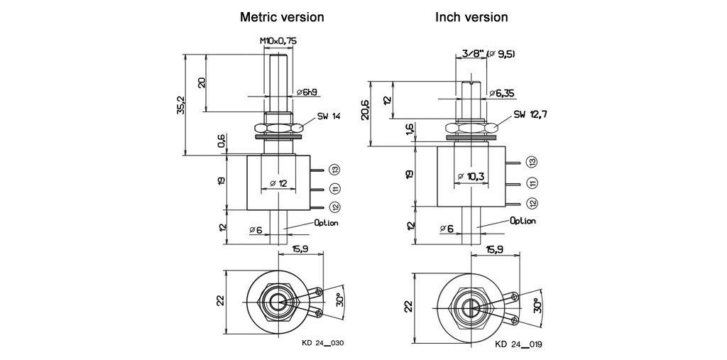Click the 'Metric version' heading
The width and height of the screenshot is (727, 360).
coord(282,17)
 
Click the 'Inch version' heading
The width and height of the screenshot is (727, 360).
coord(471,17)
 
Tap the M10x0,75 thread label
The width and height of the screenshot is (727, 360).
coord(278,42)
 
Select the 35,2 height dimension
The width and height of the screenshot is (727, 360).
coord(182,104)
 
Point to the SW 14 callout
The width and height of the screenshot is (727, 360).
coord(329,116)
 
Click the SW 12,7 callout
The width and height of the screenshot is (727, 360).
coord(530,114)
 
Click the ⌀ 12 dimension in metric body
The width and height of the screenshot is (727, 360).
coord(278,183)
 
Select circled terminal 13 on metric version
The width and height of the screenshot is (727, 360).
coord(335,169)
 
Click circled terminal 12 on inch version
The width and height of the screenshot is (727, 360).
coord(532,203)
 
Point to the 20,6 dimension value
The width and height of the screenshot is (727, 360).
coord(366,110)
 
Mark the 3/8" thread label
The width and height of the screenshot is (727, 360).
coord(471,53)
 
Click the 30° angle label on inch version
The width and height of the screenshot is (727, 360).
coord(537,305)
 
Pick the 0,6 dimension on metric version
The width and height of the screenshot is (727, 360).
coord(222,142)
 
